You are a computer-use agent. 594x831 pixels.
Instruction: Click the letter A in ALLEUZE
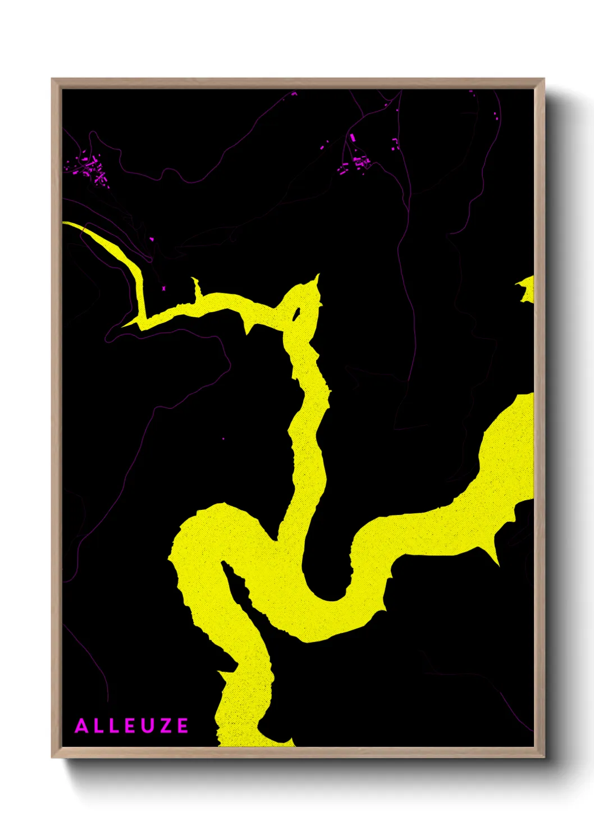coord(82,726)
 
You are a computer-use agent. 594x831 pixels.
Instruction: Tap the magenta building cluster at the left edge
coord(90,168)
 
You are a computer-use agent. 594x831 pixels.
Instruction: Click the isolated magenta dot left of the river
coord(223,439)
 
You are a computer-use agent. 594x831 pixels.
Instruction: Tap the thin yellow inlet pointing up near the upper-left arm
coord(196,286)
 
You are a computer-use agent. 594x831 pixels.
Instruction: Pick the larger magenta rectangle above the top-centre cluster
coord(353,138)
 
